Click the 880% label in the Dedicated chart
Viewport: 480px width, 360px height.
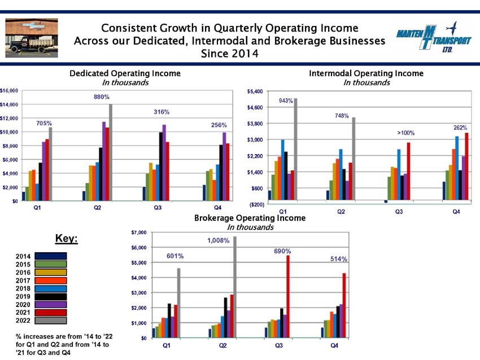point(101,97)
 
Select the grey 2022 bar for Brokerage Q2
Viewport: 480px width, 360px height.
point(235,287)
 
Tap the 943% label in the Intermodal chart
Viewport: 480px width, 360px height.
point(286,100)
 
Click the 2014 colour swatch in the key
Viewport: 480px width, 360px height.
point(50,256)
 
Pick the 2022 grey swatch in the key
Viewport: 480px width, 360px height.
point(50,321)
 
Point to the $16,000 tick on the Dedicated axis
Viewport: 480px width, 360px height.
point(9,91)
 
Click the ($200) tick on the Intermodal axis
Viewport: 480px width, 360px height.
point(257,204)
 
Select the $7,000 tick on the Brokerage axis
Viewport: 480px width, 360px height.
point(139,232)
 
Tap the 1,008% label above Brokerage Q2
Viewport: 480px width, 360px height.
point(219,241)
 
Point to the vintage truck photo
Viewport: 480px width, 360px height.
point(32,38)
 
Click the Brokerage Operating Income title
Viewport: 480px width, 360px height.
point(250,218)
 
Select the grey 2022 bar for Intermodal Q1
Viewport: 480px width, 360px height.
point(295,150)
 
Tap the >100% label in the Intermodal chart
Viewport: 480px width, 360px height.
point(405,133)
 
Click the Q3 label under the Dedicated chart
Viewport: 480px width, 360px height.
point(158,208)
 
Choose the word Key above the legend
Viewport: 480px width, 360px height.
point(67,239)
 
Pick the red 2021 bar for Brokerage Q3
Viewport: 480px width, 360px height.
point(288,297)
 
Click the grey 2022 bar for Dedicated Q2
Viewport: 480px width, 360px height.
point(111,152)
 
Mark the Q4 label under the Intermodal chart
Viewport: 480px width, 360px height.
point(456,212)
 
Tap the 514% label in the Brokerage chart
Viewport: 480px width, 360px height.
point(339,259)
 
